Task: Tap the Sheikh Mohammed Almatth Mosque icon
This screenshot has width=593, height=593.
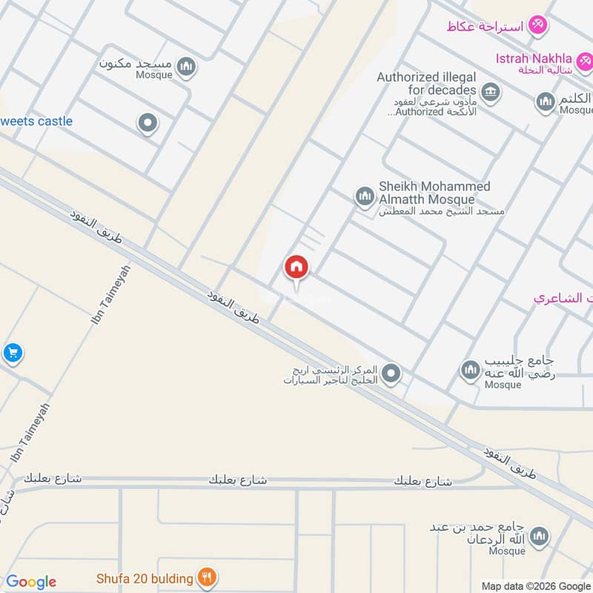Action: (x=364, y=196)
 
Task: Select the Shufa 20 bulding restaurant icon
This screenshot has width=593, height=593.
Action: (x=208, y=578)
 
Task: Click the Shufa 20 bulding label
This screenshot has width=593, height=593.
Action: (x=145, y=578)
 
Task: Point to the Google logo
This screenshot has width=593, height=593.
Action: (x=30, y=582)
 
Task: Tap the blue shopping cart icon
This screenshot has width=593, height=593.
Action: (x=12, y=353)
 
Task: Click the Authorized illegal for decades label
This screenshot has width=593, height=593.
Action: (x=426, y=83)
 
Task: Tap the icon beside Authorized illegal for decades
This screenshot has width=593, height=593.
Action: (x=489, y=93)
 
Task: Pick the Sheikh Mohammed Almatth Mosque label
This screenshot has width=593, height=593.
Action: (x=435, y=193)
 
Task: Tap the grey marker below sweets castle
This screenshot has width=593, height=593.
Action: (x=148, y=123)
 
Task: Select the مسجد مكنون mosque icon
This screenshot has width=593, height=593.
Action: (x=188, y=67)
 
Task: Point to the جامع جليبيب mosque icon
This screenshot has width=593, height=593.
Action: (x=470, y=369)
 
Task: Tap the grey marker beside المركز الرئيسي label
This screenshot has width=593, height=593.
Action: (x=391, y=374)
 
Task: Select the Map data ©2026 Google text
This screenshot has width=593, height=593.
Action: (x=536, y=585)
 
